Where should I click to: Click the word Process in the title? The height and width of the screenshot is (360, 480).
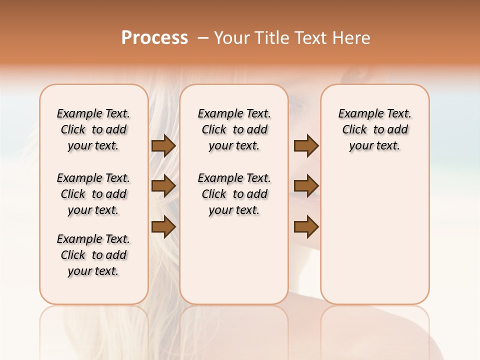tap(154, 38)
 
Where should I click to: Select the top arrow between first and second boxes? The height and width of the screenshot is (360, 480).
tap(163, 146)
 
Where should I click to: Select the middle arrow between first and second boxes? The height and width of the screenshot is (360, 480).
tap(163, 186)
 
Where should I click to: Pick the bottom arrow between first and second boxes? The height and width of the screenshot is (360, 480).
tap(163, 227)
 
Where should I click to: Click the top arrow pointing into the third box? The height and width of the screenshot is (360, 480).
tap(306, 146)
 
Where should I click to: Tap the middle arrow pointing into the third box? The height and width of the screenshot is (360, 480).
tap(306, 186)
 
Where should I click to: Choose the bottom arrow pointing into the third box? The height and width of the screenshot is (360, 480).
tap(306, 227)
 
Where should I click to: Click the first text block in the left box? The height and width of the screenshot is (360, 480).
tap(93, 129)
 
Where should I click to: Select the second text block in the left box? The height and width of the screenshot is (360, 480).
tap(93, 194)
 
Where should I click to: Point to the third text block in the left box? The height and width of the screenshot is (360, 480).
tap(93, 255)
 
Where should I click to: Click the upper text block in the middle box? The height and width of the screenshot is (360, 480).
tap(234, 129)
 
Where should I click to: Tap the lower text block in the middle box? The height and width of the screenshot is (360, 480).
tap(234, 194)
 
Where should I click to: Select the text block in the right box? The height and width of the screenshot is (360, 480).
tap(375, 129)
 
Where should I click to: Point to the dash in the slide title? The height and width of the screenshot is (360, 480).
tap(203, 38)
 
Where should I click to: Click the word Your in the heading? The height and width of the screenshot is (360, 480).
tap(232, 38)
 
